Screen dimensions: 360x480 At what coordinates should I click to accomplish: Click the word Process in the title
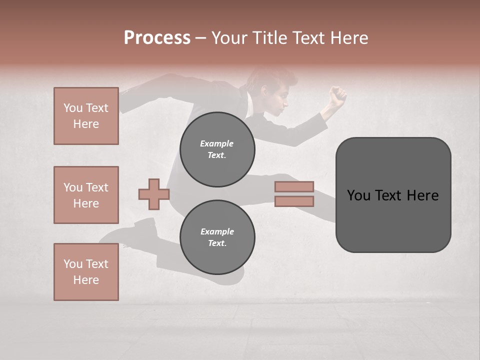(157, 38)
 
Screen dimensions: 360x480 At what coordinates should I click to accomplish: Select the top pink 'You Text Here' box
(86, 116)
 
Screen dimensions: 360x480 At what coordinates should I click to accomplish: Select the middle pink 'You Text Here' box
(86, 195)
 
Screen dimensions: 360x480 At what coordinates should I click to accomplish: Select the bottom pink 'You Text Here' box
(86, 272)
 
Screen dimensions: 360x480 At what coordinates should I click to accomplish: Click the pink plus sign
(154, 194)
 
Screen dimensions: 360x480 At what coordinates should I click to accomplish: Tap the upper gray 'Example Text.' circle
(217, 149)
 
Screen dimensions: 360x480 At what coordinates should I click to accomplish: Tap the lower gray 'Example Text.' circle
(217, 237)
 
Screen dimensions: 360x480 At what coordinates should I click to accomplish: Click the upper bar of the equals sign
(294, 187)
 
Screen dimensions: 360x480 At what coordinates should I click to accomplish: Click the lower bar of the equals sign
(294, 201)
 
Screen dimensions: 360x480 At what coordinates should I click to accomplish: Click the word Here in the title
(349, 38)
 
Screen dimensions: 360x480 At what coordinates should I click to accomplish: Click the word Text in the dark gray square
(391, 195)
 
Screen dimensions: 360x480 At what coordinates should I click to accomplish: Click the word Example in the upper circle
(217, 143)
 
